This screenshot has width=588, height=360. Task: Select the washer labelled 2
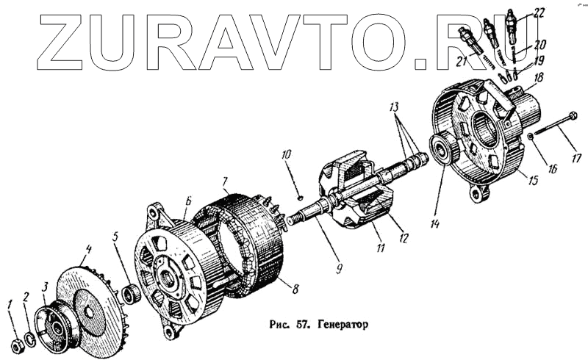click(x=29, y=337)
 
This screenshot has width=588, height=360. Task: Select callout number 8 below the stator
click(x=295, y=289)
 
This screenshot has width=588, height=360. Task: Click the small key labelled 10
click(x=301, y=196)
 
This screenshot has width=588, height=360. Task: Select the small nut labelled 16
click(x=531, y=137)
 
